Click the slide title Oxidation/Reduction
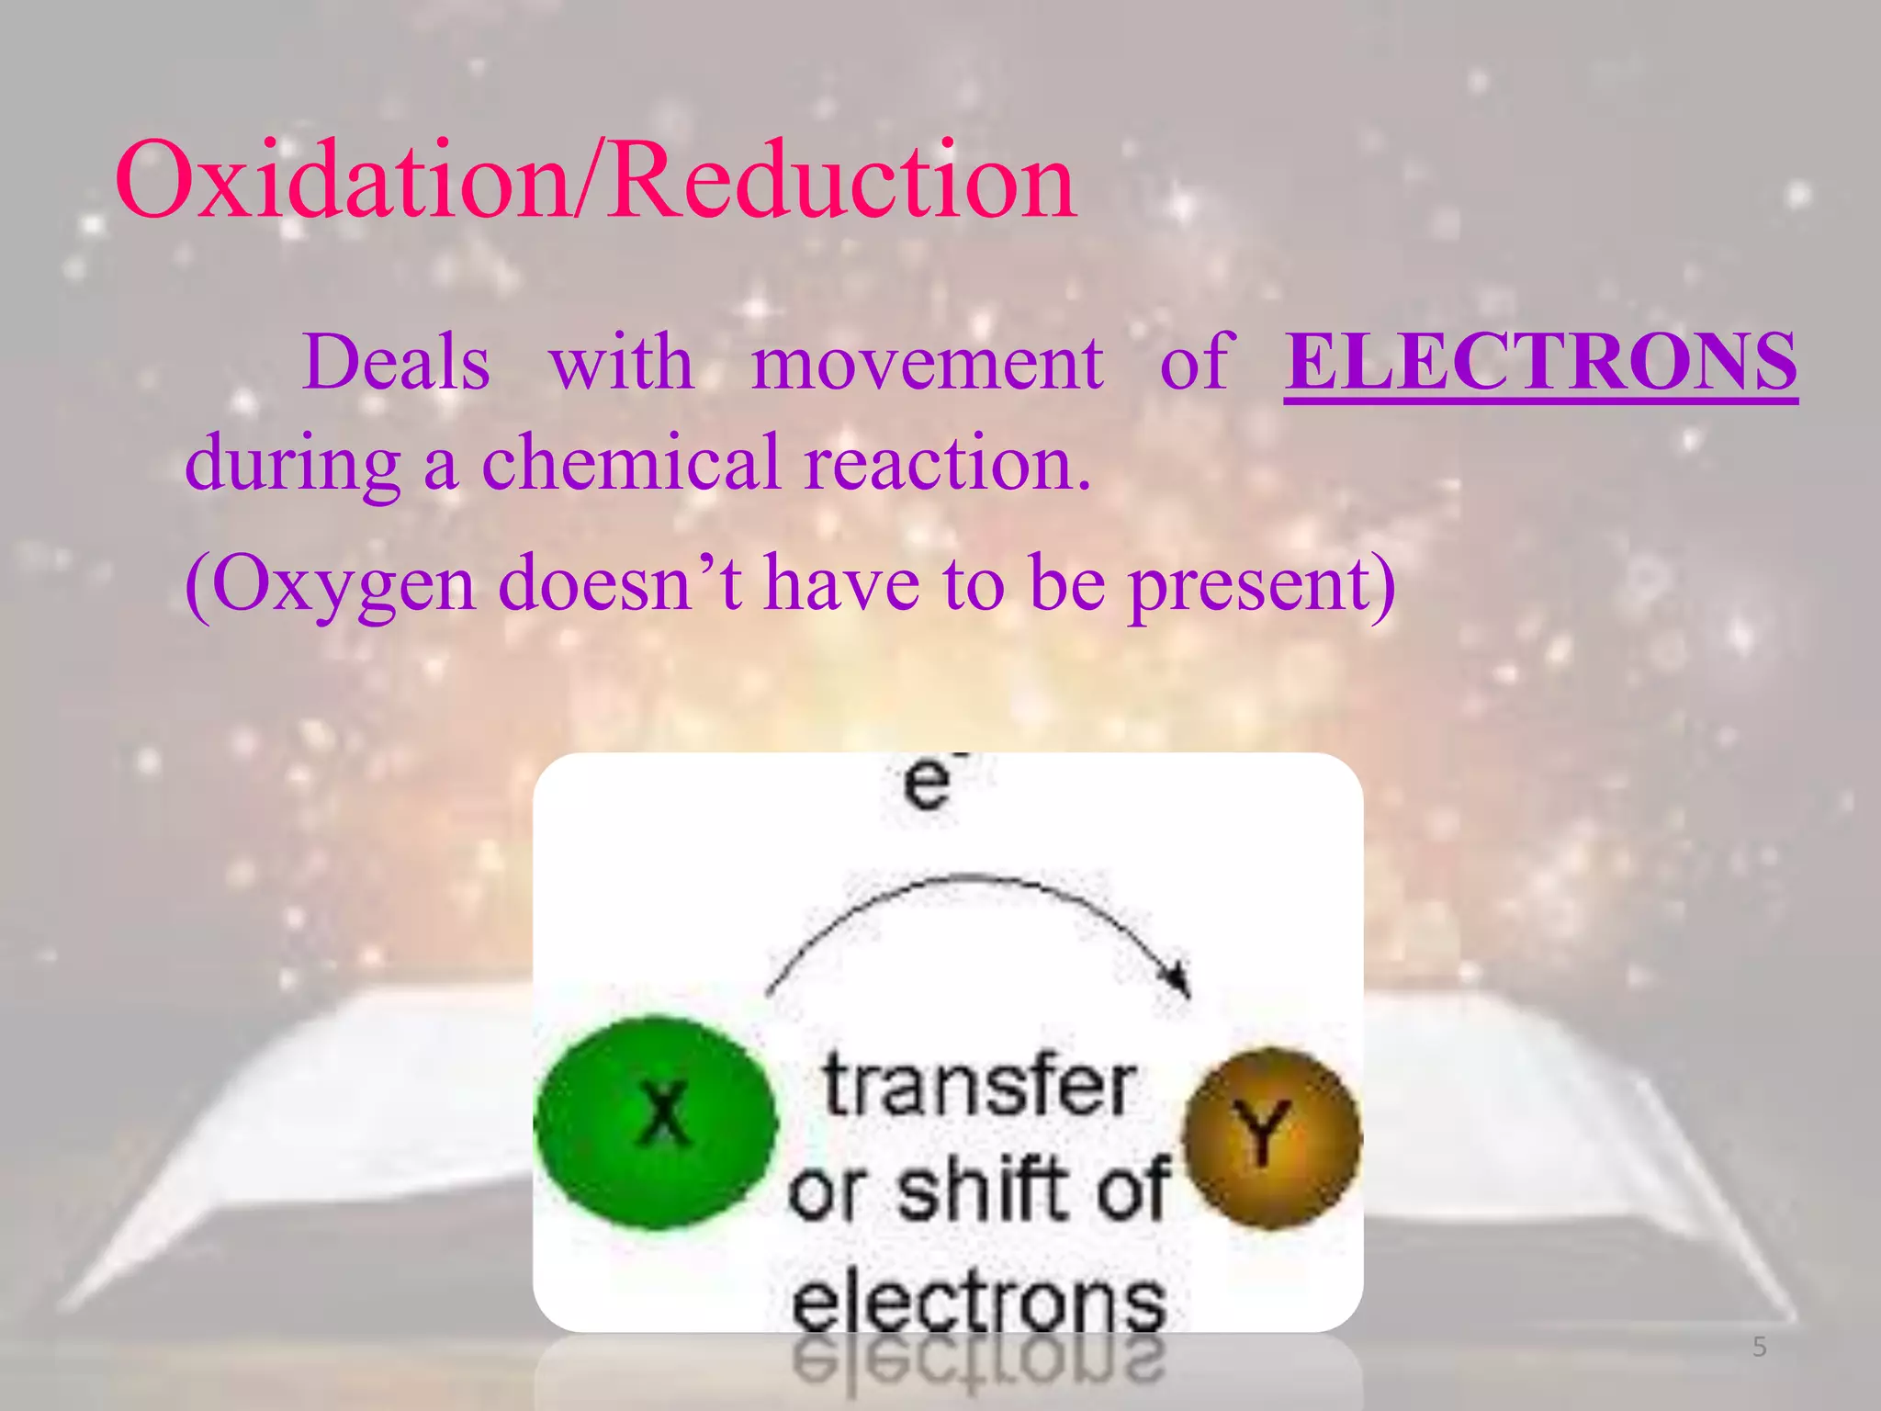coord(595,179)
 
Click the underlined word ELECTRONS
coord(1540,361)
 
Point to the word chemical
coord(631,462)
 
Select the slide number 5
coord(1759,1348)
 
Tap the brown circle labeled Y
coord(1272,1137)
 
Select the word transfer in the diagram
coord(978,1086)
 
